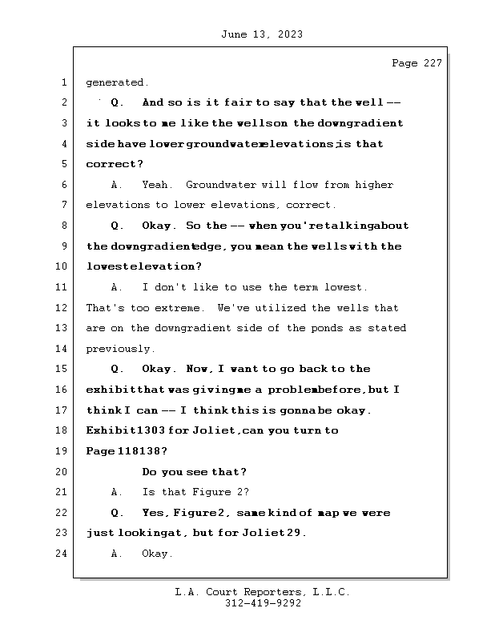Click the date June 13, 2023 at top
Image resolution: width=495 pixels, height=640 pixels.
point(262,34)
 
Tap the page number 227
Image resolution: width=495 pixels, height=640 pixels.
point(433,63)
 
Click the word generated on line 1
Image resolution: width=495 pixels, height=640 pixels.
point(117,83)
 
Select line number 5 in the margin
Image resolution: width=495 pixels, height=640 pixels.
point(64,164)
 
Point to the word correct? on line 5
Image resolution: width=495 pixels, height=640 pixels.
point(115,164)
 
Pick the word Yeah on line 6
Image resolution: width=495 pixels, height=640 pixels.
point(156,185)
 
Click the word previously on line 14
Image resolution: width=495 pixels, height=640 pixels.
point(120,349)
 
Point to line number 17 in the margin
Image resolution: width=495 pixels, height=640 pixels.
point(62,410)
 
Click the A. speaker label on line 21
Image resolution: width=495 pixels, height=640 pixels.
point(116,492)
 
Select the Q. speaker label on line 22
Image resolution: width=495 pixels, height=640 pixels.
point(117,513)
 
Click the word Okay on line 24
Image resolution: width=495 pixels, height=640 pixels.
point(157,554)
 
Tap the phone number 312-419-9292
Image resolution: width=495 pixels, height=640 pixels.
point(263,603)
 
